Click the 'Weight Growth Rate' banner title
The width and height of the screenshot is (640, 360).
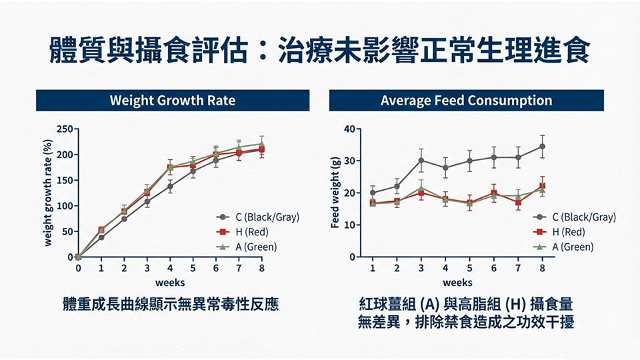(x=173, y=101)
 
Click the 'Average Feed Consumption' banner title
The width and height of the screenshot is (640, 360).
(x=466, y=101)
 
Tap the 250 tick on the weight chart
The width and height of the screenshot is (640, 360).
(x=65, y=129)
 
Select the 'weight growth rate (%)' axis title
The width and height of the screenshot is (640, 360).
(x=48, y=193)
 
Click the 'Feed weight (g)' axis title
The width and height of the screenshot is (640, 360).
(x=336, y=193)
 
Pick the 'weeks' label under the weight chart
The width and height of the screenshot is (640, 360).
(x=170, y=283)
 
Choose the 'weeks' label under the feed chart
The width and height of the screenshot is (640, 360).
(x=458, y=283)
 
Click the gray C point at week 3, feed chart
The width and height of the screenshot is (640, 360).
(x=421, y=160)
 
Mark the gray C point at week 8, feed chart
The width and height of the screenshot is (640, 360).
(x=542, y=147)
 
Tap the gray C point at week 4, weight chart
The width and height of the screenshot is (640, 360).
(x=170, y=187)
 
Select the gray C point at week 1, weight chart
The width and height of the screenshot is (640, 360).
(x=101, y=237)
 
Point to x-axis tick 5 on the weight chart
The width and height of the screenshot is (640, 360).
(x=193, y=268)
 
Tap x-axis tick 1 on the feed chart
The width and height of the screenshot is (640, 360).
(x=373, y=268)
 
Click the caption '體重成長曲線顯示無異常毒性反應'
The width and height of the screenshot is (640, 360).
(x=170, y=305)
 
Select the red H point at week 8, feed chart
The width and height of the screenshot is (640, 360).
(x=542, y=187)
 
